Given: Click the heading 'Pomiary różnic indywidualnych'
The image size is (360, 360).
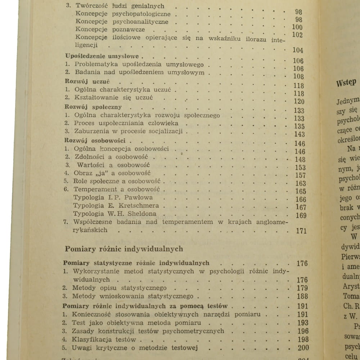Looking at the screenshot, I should pos(124,249).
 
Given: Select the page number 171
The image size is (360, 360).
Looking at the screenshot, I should pos(301,231).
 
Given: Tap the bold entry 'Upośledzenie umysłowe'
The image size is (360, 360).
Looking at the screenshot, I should pos(104,57).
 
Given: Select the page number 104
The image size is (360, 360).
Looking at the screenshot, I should pos(298,50).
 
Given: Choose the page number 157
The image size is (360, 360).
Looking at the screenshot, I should pos(300,175).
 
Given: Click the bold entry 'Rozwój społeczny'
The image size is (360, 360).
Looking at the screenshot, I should pos(93,107).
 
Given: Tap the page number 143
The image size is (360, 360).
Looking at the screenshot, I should pos(299,134).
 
